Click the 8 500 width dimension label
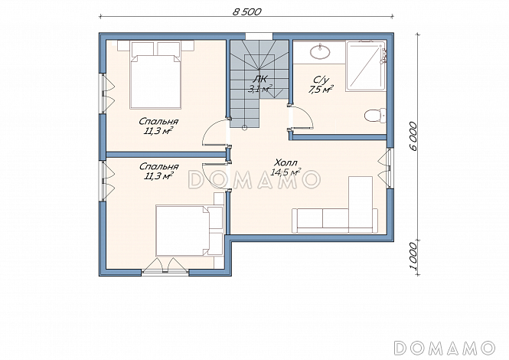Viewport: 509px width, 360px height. coord(247,11)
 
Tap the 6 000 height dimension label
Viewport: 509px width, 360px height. coord(413,136)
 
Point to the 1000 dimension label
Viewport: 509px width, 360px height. coord(413,256)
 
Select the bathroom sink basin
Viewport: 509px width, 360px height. coord(320,52)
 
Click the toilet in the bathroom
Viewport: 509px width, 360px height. coord(374,116)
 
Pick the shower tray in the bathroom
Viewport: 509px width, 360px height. coord(365,65)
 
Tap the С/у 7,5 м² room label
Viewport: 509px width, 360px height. coord(321,85)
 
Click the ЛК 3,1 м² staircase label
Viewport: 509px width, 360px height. coord(260,84)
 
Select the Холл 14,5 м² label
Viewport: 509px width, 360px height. coord(286,167)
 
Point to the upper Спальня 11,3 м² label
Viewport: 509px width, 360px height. coord(158,126)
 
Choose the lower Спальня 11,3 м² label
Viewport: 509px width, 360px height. coord(158,172)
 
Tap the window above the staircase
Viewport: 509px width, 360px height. coord(259,36)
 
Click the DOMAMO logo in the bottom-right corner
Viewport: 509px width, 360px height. coord(445,348)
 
